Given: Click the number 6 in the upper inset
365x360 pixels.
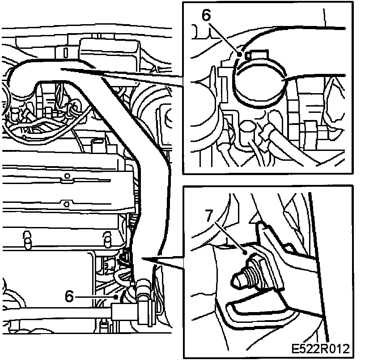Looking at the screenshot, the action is point(206,15).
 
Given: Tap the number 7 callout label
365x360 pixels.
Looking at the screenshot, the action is point(209,215).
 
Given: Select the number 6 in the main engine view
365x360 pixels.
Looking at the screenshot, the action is point(69,296).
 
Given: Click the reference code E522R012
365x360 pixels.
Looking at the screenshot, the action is point(321,349).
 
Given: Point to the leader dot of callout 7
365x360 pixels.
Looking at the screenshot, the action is point(244,253).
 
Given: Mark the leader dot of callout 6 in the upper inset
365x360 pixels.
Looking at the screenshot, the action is point(239,54).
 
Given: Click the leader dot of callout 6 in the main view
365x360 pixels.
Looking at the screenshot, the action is point(116,297).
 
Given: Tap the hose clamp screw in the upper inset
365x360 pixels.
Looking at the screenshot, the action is point(257,55).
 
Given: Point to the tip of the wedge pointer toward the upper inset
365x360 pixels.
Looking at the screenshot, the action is point(61,69).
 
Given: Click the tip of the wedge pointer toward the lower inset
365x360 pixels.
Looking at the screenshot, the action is point(141,258).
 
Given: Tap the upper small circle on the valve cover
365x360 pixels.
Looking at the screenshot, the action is point(67,176).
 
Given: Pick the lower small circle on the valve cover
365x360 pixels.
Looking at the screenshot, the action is point(67,204).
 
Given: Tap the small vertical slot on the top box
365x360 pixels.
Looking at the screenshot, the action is point(66,53).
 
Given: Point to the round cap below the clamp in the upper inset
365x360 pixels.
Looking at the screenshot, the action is point(248,127).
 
